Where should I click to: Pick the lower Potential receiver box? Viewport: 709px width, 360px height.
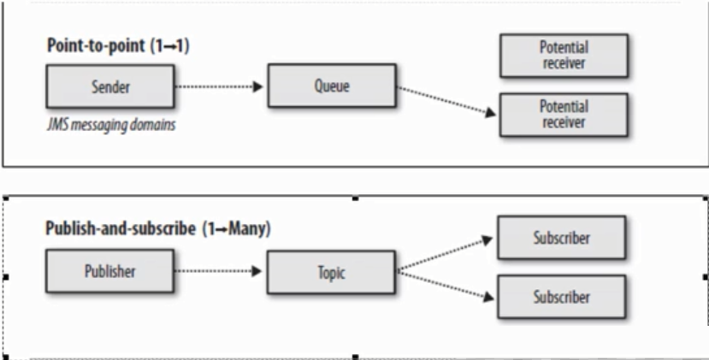563,114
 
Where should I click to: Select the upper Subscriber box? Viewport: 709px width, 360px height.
562,239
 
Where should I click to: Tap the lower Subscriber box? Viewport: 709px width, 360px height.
562,298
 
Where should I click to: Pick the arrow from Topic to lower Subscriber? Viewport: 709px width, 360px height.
446,286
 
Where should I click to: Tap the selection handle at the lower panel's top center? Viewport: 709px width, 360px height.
355,198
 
